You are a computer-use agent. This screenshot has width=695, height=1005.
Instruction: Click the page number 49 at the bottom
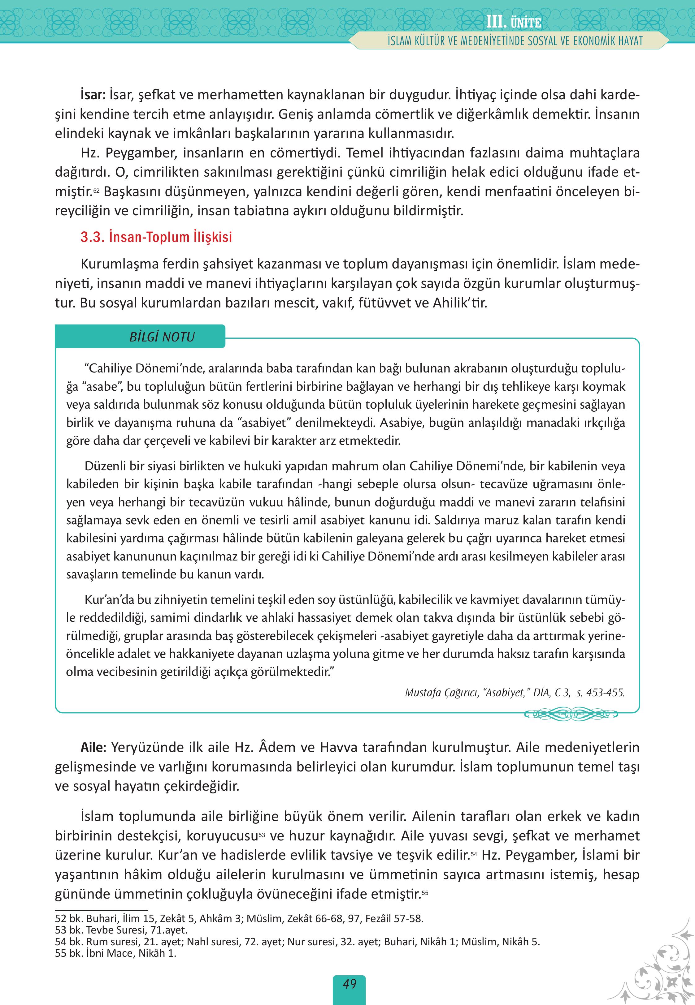coord(349,984)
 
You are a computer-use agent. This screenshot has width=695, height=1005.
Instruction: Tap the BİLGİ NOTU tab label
coord(162,337)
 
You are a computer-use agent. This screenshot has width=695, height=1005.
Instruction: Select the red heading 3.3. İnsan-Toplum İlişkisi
coord(156,237)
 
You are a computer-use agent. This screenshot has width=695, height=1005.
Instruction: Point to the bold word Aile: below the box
coord(93,747)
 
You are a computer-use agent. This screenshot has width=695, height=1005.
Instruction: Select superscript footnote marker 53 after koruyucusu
coord(262,834)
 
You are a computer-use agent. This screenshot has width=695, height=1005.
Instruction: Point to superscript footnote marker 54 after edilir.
coord(473,854)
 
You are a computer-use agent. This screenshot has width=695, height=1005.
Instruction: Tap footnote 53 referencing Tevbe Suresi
coord(121,930)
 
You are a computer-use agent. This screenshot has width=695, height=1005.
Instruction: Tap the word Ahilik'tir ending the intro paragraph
coord(459,303)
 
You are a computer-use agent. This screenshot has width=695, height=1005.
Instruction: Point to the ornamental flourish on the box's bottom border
coord(571,714)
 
